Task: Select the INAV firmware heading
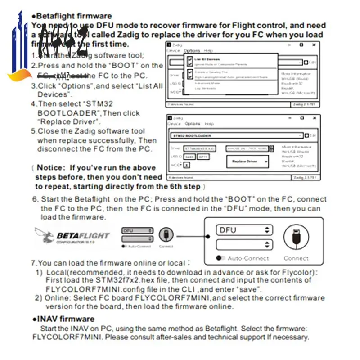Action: click(x=66, y=319)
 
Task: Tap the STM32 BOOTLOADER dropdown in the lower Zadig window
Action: click(x=237, y=135)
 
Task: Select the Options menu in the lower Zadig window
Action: click(x=192, y=124)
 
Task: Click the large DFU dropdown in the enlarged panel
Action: click(x=244, y=230)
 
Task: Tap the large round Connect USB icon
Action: click(x=296, y=238)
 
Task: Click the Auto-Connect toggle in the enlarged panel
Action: click(x=220, y=258)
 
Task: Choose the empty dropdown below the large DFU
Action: click(x=244, y=245)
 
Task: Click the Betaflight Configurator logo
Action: click(x=72, y=236)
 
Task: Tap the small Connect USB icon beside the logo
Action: click(x=166, y=234)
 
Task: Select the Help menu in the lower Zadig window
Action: click(x=209, y=124)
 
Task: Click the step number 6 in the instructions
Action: click(x=35, y=199)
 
